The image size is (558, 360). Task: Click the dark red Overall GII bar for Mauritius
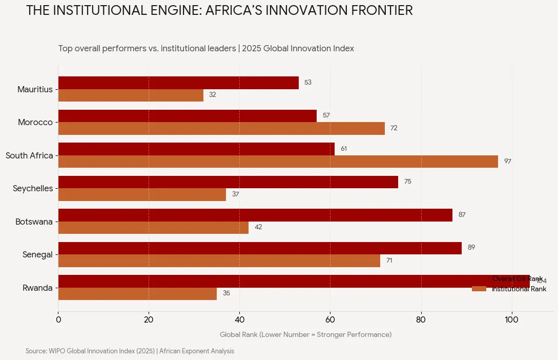click(x=178, y=83)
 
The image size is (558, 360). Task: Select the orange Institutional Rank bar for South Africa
click(x=278, y=162)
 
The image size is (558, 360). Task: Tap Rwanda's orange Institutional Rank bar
click(x=137, y=294)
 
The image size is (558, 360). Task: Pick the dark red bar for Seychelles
click(x=228, y=182)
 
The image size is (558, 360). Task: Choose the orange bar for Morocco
click(x=221, y=128)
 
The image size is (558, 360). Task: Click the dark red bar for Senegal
click(x=260, y=248)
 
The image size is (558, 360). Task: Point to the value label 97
click(x=507, y=162)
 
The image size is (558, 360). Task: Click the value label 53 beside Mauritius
click(x=307, y=83)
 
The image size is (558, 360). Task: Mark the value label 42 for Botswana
click(x=258, y=227)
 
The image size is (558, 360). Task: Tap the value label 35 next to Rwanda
click(x=226, y=293)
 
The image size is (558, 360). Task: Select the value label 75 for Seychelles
click(x=407, y=182)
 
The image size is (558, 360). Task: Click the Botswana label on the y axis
click(x=34, y=222)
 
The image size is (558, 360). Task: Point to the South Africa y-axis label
click(x=29, y=155)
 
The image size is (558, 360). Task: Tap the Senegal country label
click(x=37, y=255)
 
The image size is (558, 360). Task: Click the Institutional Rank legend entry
click(x=519, y=289)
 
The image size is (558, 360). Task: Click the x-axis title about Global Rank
click(x=305, y=335)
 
